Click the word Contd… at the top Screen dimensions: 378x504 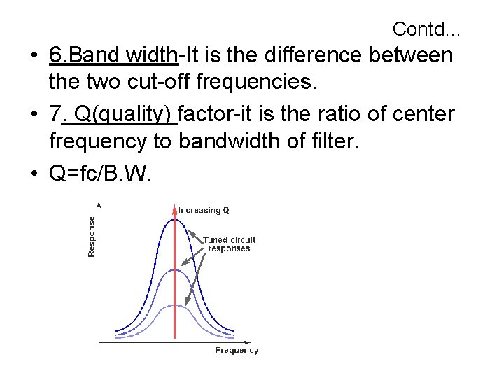[x=426, y=29]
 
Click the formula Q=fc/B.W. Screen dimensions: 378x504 [x=100, y=171]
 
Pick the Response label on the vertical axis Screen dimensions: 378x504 [x=92, y=235]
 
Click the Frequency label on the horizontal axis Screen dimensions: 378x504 [x=237, y=351]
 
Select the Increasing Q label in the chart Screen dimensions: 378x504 [x=204, y=209]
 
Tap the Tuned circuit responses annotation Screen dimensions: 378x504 [x=230, y=244]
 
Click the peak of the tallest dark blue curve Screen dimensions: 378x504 [x=174, y=220]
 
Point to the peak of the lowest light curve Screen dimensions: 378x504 [x=174, y=306]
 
